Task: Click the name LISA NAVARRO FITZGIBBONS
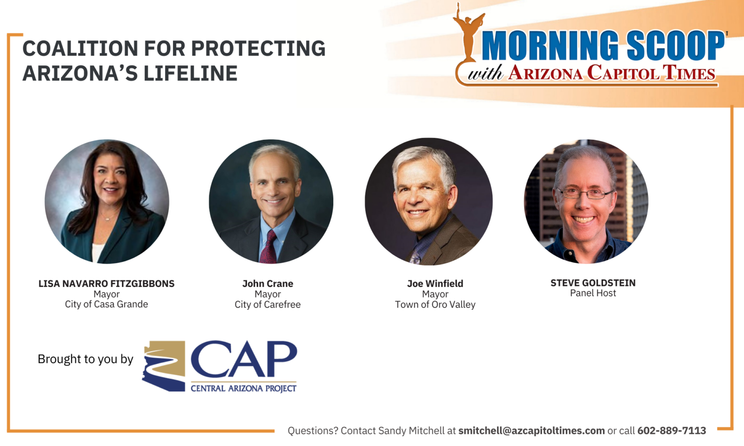107,283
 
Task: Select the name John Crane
267,283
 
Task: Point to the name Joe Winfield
435,283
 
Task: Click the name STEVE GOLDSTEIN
593,283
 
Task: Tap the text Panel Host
593,293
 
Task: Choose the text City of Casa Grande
107,304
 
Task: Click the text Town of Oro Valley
435,305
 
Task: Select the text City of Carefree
267,305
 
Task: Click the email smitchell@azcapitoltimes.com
531,431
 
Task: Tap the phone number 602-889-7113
671,431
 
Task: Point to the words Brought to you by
85,359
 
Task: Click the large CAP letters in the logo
243,359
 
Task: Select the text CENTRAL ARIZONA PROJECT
243,388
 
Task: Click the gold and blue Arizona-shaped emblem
164,366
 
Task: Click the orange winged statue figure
467,34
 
